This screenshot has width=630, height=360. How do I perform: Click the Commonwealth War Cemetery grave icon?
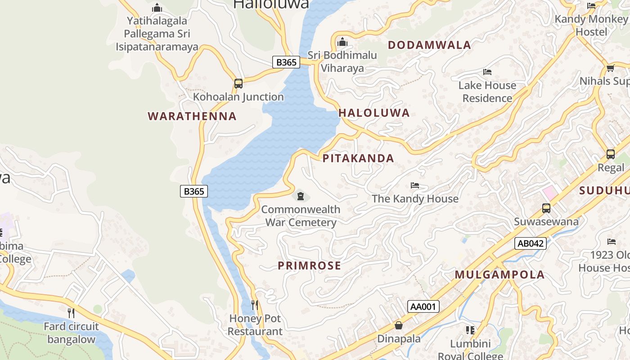(301, 196)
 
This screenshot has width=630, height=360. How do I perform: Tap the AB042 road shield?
(531, 243)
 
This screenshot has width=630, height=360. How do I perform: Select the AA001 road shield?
(423, 306)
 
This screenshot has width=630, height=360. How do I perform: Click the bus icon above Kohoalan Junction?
(238, 84)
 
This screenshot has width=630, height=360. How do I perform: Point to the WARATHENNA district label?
(192, 116)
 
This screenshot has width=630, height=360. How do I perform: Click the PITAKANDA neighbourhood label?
(358, 158)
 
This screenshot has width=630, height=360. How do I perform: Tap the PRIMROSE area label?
(309, 265)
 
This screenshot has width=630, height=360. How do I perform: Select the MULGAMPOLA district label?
(499, 274)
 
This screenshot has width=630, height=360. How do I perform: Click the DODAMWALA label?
(429, 45)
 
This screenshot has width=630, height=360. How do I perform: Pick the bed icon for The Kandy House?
(415, 185)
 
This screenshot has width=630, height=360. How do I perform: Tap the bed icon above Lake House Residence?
(487, 72)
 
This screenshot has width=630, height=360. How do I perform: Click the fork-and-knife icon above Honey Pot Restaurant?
(255, 305)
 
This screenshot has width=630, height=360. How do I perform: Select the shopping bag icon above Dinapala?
(399, 325)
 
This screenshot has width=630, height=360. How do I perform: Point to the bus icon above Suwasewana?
(546, 208)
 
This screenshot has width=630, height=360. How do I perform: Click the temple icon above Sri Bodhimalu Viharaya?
(342, 42)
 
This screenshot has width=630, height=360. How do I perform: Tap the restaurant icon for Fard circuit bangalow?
(71, 313)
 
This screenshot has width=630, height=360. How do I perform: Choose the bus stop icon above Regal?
(611, 154)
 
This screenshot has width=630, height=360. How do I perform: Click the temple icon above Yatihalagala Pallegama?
(157, 8)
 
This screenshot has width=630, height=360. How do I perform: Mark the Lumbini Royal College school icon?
(470, 330)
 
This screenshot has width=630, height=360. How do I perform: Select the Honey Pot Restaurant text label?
(255, 325)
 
